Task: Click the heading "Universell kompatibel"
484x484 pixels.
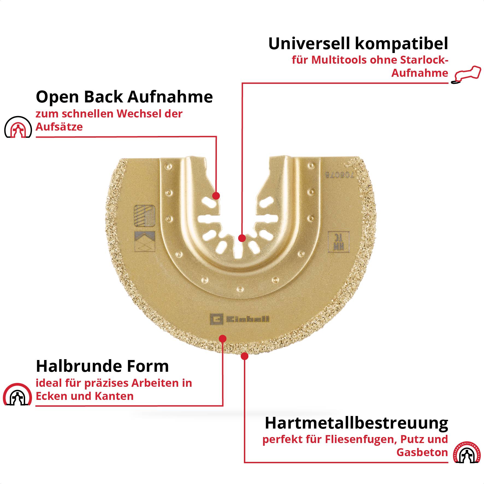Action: point(358,43)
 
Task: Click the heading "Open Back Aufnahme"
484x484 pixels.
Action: point(124,97)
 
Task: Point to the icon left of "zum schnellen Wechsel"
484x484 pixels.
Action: point(18,127)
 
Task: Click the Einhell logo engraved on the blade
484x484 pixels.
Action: point(240,319)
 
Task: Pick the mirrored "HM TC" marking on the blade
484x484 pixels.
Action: point(335,241)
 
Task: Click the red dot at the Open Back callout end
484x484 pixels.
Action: point(216,196)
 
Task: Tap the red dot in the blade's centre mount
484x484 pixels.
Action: point(242,238)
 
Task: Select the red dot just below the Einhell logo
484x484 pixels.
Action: point(223,339)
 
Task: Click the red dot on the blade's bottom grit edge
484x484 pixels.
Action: point(244,356)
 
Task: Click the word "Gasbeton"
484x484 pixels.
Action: point(422,452)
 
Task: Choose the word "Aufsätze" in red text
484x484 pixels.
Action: point(59,127)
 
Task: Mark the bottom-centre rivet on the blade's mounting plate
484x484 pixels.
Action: point(240,289)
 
